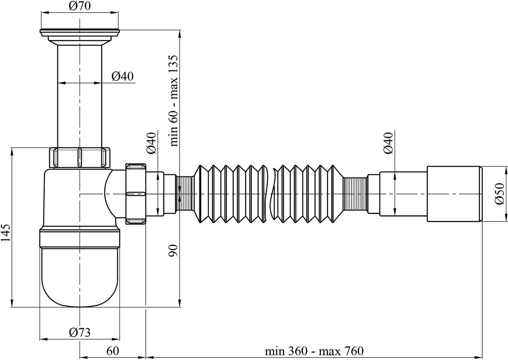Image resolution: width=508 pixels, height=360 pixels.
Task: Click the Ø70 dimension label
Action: (x=80, y=6)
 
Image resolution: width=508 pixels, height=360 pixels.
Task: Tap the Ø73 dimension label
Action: (x=80, y=333)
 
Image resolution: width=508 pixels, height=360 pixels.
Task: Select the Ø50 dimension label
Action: (x=499, y=194)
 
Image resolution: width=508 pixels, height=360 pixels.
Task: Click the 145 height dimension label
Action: (x=6, y=233)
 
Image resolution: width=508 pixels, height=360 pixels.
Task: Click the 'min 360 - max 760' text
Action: (x=314, y=351)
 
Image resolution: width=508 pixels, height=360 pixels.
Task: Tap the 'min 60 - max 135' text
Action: (x=173, y=101)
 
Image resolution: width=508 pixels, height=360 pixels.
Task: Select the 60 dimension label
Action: (x=113, y=351)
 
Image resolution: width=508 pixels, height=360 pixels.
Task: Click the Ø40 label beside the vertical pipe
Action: (x=122, y=76)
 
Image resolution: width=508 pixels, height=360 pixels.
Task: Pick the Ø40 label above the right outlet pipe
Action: (x=388, y=143)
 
